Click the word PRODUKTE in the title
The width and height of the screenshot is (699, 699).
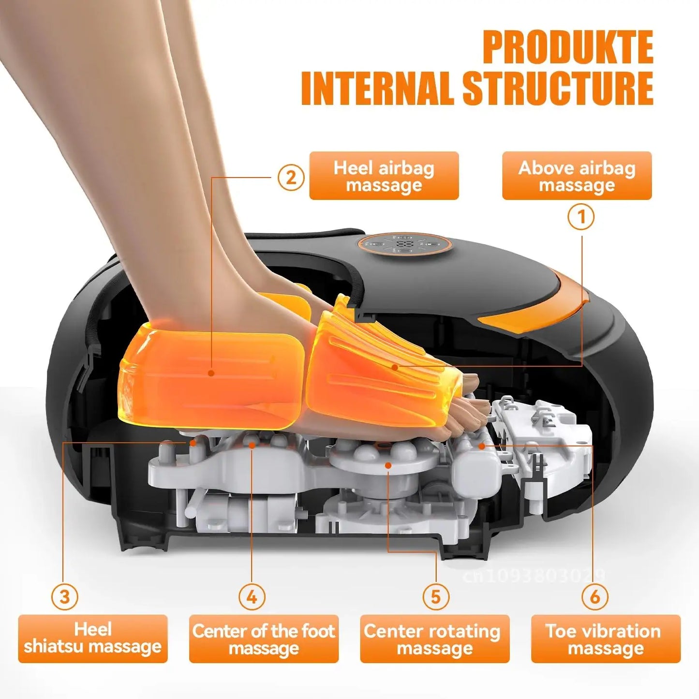(x=568, y=47)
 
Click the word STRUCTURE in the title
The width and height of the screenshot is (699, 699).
(x=558, y=89)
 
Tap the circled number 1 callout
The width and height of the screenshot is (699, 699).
(x=581, y=217)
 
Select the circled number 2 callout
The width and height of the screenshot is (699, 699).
(x=291, y=178)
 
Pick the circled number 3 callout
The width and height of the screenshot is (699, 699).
(x=64, y=596)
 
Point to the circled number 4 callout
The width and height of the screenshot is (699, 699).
(x=252, y=596)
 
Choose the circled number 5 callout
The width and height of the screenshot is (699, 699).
(x=435, y=596)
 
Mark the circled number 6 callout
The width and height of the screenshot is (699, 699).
(x=595, y=596)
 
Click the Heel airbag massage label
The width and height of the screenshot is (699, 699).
(x=384, y=176)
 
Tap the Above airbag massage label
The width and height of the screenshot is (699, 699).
(x=577, y=176)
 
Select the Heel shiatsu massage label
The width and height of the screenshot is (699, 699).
(x=93, y=639)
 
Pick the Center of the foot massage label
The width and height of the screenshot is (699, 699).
(x=264, y=639)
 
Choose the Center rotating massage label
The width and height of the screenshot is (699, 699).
(x=434, y=639)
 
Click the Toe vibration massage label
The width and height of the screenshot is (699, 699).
(x=606, y=639)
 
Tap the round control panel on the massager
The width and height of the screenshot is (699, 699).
(x=405, y=243)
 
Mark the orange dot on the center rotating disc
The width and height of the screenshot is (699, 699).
(x=388, y=465)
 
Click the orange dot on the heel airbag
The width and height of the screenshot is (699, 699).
(x=211, y=373)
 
